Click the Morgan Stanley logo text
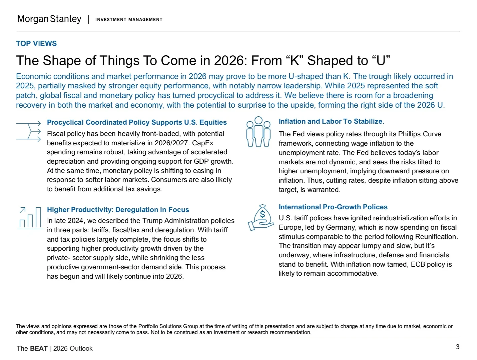coord(49,19)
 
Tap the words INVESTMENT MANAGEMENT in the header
coord(129,20)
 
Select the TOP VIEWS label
coord(36,43)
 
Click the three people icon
coord(258,132)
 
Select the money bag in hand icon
coord(261,217)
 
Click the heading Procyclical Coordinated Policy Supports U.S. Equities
coord(137,122)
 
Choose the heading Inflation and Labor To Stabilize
coord(331,121)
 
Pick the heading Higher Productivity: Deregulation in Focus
coord(118,210)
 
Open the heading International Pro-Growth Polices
coord(333,207)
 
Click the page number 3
coord(457,347)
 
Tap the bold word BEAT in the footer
coord(39,348)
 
